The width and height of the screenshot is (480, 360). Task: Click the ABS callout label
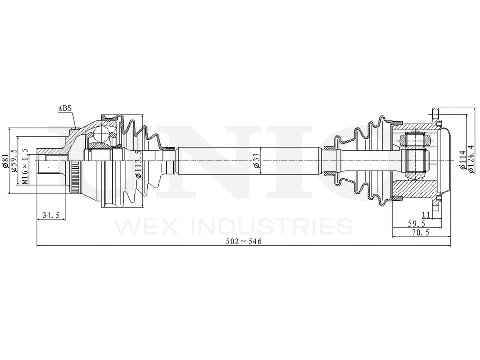pos(65,108)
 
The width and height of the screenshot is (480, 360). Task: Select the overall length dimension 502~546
pos(244,241)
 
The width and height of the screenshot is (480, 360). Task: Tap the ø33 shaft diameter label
pos(256,162)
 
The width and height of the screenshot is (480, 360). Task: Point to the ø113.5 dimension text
pos(139,164)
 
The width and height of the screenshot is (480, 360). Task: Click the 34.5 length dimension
pos(50,216)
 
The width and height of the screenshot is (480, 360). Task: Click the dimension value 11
pos(425,215)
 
